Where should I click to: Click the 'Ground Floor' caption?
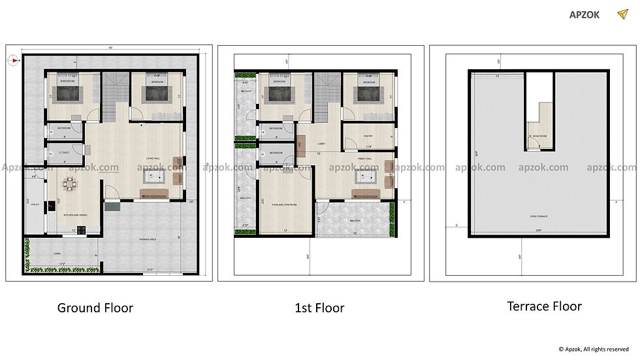click(95, 308)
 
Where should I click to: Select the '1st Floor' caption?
click(320, 308)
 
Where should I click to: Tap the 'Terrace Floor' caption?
click(544, 306)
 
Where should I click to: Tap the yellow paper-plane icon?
click(622, 14)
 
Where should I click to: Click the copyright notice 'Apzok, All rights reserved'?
click(594, 350)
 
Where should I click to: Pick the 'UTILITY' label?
click(35, 205)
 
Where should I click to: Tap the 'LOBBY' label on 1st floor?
click(321, 144)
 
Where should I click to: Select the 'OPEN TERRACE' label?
click(539, 215)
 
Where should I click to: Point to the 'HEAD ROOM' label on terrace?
click(539, 137)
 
